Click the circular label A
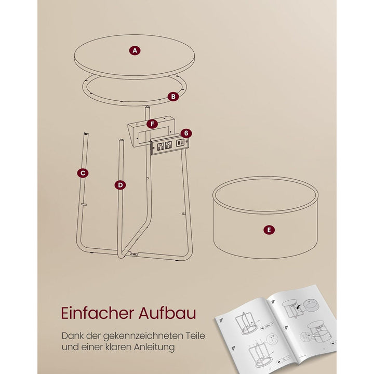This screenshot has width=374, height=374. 135,50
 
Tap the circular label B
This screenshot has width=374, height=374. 173,97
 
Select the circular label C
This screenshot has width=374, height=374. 83,173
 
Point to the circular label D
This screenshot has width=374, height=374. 120,185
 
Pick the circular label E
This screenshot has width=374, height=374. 269,230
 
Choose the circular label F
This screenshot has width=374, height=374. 152,124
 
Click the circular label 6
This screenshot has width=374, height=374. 186,133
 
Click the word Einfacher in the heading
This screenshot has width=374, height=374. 98,313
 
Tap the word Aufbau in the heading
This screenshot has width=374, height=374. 167,313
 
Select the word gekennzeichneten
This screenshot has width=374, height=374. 140,336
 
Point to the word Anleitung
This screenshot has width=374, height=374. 154,347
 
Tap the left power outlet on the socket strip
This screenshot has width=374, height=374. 161,146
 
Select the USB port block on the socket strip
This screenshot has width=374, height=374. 180,143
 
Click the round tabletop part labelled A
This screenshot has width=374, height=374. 135,57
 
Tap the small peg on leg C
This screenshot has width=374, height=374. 84,205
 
